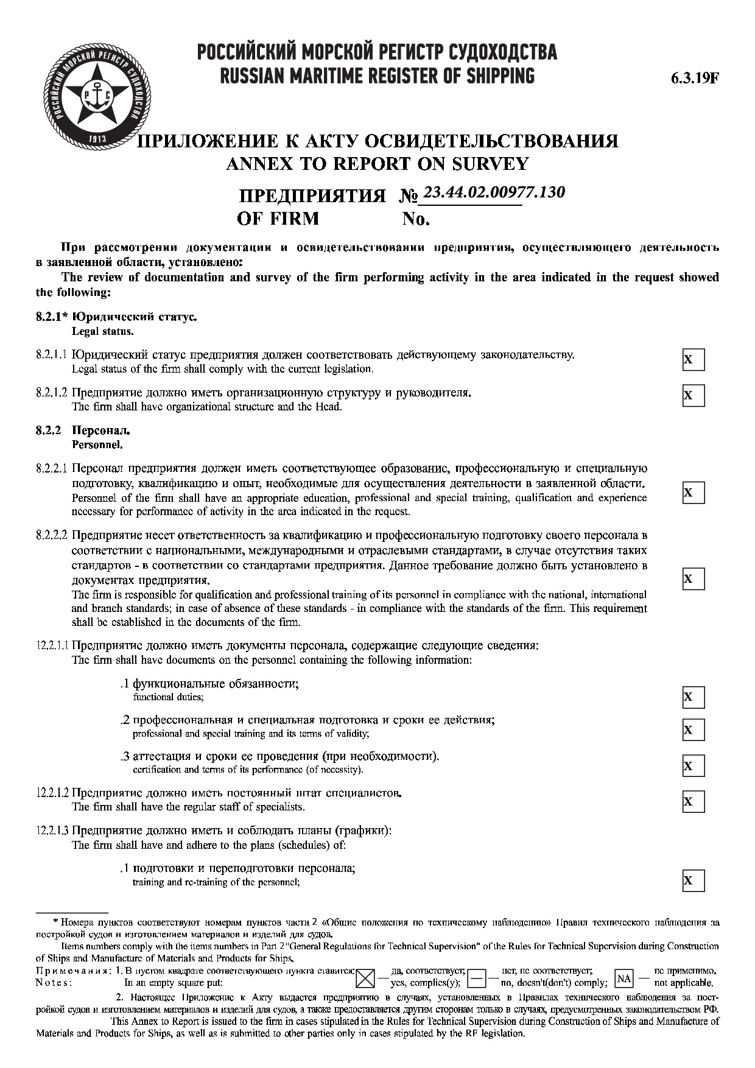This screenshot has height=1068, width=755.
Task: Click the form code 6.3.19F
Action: tap(695, 79)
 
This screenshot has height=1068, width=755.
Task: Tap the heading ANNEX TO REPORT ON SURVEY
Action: tap(377, 163)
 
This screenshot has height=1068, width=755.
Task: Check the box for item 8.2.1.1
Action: tap(693, 359)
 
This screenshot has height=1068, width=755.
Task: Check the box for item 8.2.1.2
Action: tap(693, 395)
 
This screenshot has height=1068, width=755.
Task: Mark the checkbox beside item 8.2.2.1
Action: tap(693, 492)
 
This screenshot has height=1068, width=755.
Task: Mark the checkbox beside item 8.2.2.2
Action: tap(693, 578)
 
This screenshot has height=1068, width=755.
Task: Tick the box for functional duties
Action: tap(693, 697)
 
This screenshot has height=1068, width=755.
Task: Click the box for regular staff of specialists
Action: tap(693, 801)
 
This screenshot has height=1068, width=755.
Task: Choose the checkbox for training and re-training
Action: tap(693, 880)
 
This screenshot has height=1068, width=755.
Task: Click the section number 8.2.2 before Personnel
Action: tap(49, 430)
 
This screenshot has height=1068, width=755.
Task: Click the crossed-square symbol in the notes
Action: tap(365, 978)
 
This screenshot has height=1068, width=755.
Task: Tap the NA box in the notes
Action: tap(624, 978)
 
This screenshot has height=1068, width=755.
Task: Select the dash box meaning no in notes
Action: tap(477, 978)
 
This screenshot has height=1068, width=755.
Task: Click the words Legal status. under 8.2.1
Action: tap(102, 332)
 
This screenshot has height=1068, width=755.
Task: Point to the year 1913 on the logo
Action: tap(97, 139)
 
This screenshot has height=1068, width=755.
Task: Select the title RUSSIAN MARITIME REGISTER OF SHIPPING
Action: tap(377, 76)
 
